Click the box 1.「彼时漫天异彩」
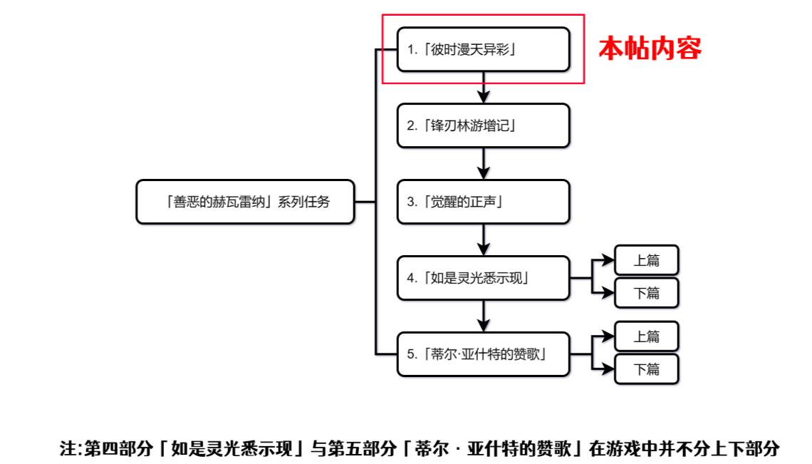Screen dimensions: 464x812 click(x=483, y=49)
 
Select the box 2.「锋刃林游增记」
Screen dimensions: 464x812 click(x=483, y=125)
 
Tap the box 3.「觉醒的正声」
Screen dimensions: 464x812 click(x=483, y=202)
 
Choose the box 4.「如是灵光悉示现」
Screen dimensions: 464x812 click(x=483, y=277)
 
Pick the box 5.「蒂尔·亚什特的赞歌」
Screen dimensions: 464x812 click(x=483, y=354)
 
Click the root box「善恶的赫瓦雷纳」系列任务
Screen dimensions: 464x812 click(x=245, y=202)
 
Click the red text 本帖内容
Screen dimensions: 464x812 click(x=650, y=48)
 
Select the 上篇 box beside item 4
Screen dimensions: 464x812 click(x=647, y=261)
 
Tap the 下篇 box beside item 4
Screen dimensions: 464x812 click(x=647, y=293)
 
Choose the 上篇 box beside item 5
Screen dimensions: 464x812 click(x=647, y=336)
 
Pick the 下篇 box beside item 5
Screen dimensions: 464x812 click(x=647, y=369)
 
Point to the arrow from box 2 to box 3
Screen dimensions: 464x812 click(x=484, y=163)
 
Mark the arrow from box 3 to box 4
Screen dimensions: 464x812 click(x=484, y=239)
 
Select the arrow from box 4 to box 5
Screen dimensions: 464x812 click(x=484, y=315)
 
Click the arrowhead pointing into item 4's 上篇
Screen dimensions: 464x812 click(x=608, y=261)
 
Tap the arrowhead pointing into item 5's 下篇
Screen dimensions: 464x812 click(x=608, y=369)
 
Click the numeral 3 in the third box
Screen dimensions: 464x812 click(x=411, y=202)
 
